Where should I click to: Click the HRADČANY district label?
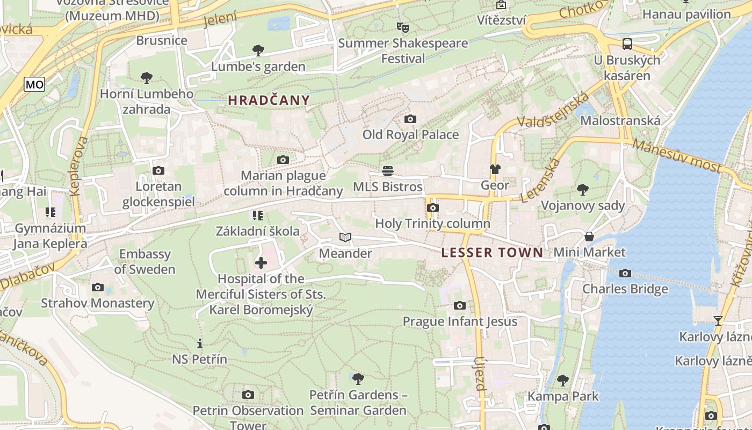pyautogui.click(x=269, y=100)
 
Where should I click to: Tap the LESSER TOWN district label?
pyautogui.click(x=492, y=253)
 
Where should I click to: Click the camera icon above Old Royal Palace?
pyautogui.click(x=410, y=119)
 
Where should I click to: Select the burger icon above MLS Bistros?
pyautogui.click(x=388, y=171)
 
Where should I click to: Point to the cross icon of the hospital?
pyautogui.click(x=261, y=263)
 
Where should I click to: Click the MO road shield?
pyautogui.click(x=34, y=84)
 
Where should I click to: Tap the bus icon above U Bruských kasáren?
pyautogui.click(x=627, y=44)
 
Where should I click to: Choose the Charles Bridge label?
pyautogui.click(x=625, y=289)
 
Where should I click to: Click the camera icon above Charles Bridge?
pyautogui.click(x=625, y=273)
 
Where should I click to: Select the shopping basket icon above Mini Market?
pyautogui.click(x=589, y=236)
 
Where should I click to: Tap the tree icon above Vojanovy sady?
pyautogui.click(x=582, y=189)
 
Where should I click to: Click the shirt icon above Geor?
pyautogui.click(x=495, y=169)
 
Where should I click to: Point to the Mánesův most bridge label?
pyautogui.click(x=677, y=156)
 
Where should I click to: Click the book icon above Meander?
pyautogui.click(x=345, y=237)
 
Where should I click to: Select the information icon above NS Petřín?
pyautogui.click(x=200, y=343)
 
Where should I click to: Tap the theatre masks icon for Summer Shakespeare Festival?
pyautogui.click(x=402, y=27)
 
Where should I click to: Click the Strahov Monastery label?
pyautogui.click(x=98, y=303)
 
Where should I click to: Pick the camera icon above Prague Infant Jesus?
pyautogui.click(x=460, y=305)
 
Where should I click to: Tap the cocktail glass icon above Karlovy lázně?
pyautogui.click(x=718, y=321)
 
